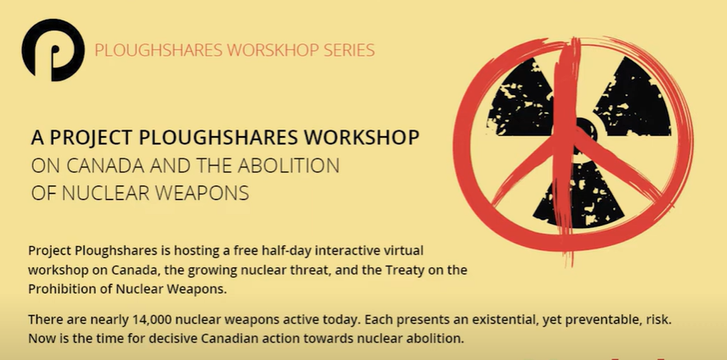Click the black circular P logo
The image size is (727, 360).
tap(53, 50)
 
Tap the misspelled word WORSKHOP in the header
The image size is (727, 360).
tap(275, 50)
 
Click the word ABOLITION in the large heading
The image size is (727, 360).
tap(288, 166)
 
